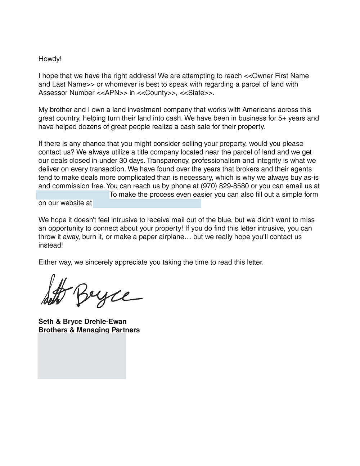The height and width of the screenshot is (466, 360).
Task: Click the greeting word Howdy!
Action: [x=50, y=59]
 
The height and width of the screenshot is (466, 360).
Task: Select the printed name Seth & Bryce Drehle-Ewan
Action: [x=82, y=321]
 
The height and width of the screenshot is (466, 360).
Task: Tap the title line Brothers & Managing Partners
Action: [x=89, y=330]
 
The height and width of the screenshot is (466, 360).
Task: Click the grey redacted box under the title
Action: [x=82, y=356]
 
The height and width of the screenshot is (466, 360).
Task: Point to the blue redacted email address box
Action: [x=72, y=195]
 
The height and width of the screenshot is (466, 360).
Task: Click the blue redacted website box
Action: [x=147, y=203]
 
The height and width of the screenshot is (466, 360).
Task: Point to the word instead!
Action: [x=51, y=245]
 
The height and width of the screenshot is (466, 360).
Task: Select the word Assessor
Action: [x=51, y=93]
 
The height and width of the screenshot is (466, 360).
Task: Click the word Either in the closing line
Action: [x=48, y=262]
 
